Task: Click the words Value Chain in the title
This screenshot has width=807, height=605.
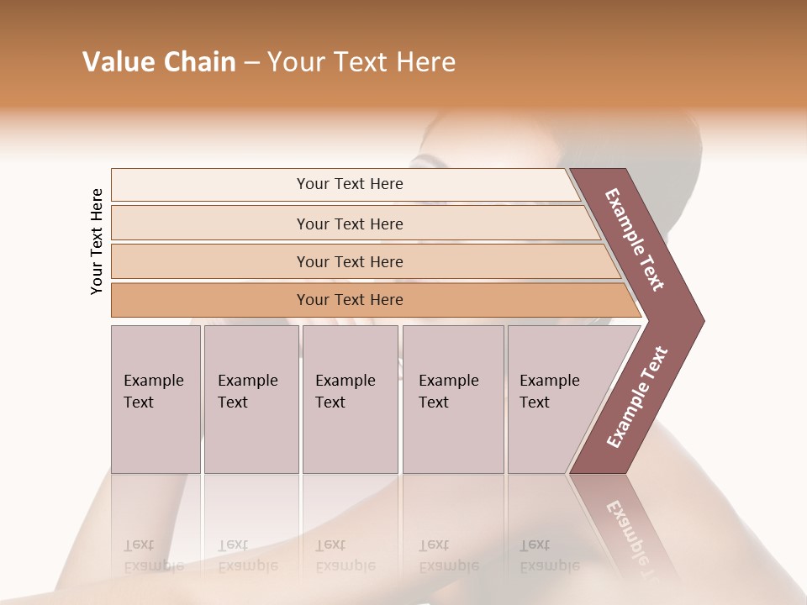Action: click(159, 62)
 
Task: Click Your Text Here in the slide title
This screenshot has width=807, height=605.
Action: click(361, 62)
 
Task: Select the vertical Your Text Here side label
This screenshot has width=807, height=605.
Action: click(97, 241)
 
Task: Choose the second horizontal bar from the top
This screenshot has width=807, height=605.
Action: click(350, 224)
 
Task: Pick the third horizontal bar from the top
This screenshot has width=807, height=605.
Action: click(350, 261)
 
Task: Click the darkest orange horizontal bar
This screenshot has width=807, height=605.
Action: click(350, 300)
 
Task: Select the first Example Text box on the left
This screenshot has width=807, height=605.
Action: click(156, 399)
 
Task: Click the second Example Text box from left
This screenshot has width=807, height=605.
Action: click(251, 399)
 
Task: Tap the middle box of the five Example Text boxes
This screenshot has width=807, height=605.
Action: click(350, 399)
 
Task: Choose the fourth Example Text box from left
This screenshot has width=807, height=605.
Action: click(452, 399)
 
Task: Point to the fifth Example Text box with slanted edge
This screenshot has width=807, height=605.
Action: click(555, 399)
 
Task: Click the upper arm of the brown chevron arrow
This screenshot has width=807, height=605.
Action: click(636, 240)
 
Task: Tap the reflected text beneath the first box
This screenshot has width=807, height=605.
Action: click(153, 555)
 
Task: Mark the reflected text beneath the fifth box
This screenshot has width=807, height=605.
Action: click(548, 555)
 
